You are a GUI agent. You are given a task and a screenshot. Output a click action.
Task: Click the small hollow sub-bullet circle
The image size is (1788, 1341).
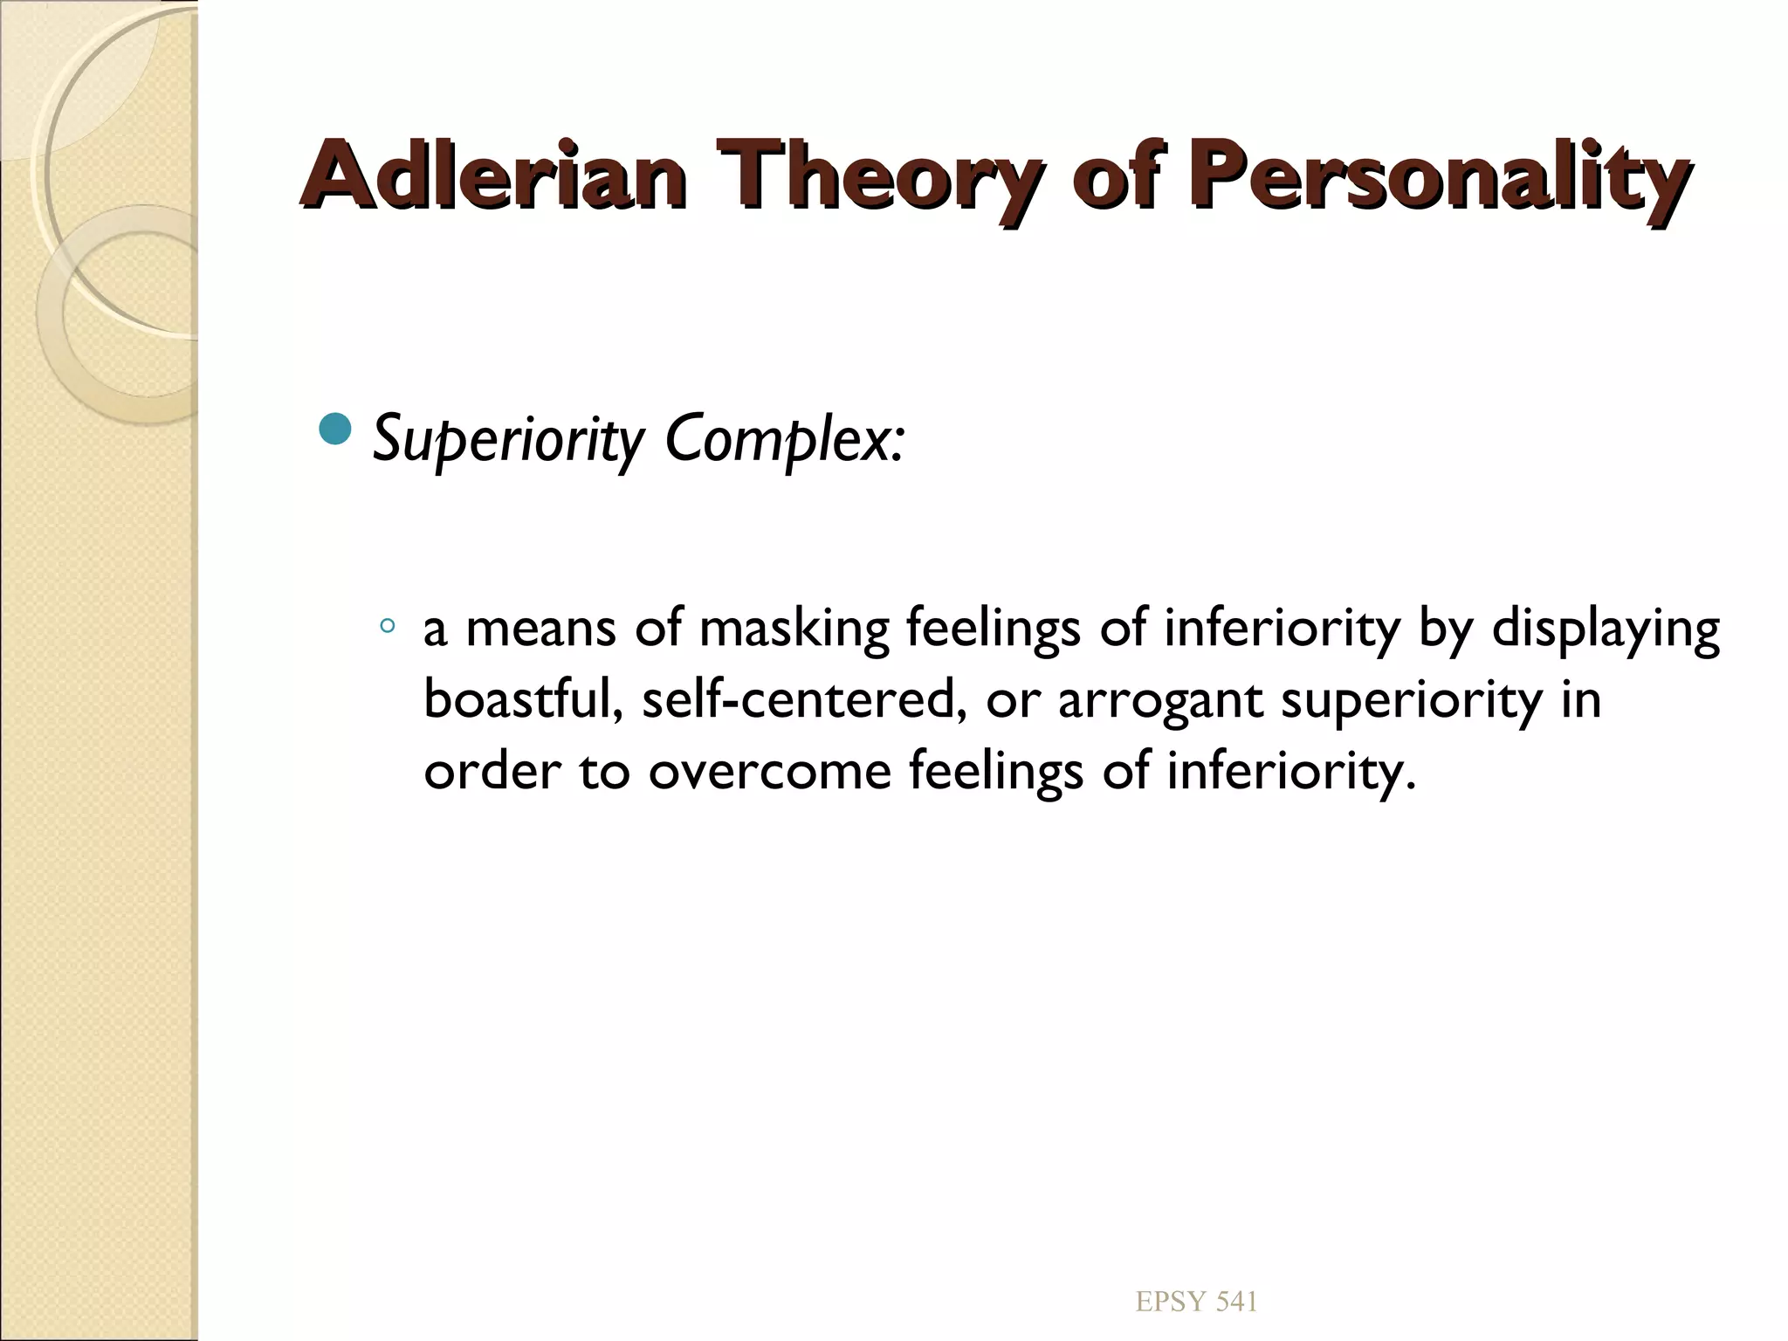click(x=388, y=625)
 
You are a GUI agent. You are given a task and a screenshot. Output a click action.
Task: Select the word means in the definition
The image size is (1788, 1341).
click(x=540, y=629)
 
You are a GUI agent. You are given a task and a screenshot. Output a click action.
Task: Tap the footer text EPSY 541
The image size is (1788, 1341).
click(x=1196, y=1301)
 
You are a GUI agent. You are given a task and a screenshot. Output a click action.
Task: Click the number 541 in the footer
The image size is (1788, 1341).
click(x=1236, y=1301)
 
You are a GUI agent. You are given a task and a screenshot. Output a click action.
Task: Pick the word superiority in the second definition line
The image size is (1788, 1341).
click(x=1411, y=701)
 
